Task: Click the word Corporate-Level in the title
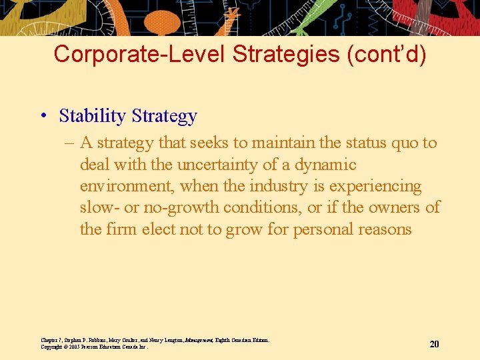point(140,54)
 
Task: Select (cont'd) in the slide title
point(386,54)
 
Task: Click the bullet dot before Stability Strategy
point(41,117)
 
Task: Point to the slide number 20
point(434,344)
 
